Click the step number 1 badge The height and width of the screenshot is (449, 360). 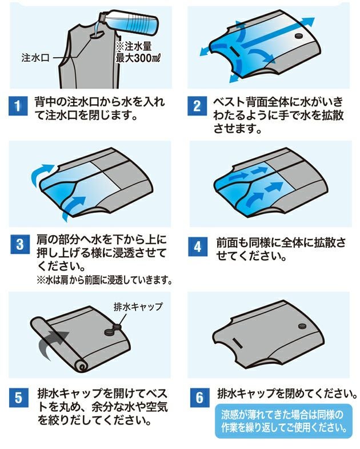click(17, 106)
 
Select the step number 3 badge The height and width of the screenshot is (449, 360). click(17, 245)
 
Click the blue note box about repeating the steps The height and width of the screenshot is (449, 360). click(285, 422)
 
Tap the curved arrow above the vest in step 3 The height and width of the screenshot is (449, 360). click(42, 169)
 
